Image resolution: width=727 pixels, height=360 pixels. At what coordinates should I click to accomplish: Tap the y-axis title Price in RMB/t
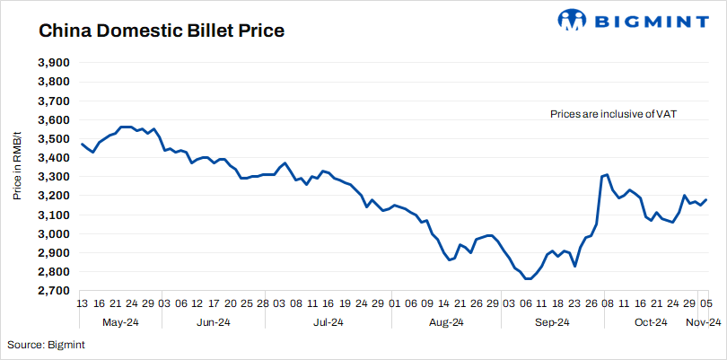point(18,177)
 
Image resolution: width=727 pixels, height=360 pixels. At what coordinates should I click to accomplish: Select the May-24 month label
point(119,322)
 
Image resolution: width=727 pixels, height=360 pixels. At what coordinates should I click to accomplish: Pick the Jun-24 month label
point(214,322)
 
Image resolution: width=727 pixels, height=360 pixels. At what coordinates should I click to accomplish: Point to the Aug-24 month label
point(445,322)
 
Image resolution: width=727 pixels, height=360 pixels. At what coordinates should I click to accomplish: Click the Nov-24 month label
point(705,322)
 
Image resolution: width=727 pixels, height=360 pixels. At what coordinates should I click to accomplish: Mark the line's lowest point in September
point(526,279)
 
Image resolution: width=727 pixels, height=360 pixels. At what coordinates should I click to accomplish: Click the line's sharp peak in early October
point(607,175)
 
